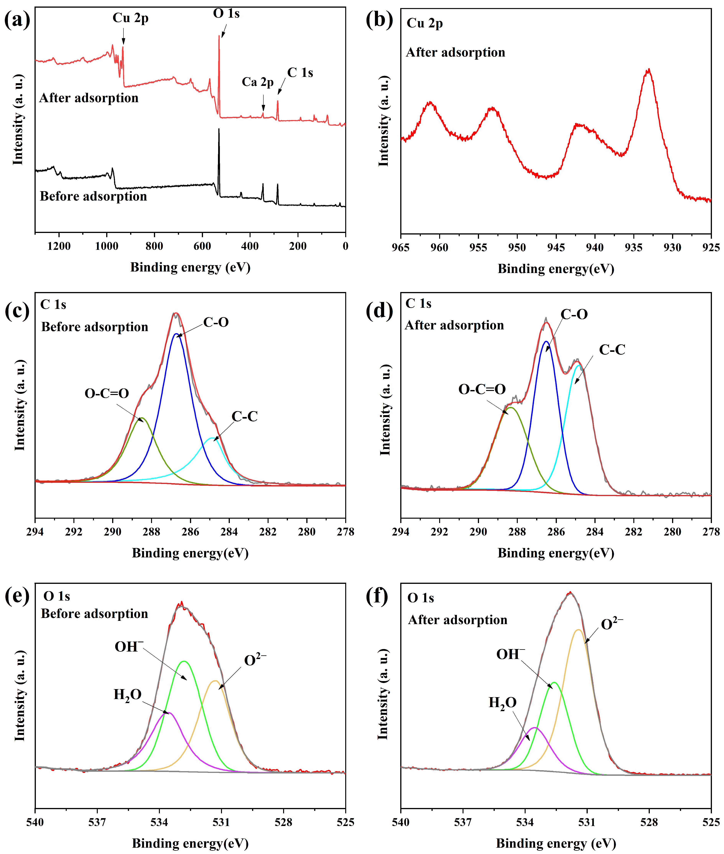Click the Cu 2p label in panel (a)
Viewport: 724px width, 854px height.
click(131, 18)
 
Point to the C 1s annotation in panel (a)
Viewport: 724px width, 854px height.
click(300, 73)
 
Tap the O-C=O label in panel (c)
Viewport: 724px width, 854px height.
click(107, 393)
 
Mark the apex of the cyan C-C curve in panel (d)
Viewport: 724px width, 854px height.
click(579, 365)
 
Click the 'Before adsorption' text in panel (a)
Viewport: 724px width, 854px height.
click(93, 196)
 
